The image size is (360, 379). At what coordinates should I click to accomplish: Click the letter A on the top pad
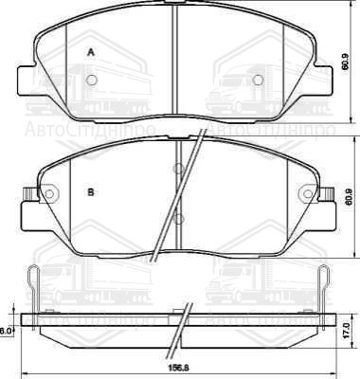coord(92,54)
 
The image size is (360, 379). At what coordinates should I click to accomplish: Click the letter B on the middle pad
coord(91,193)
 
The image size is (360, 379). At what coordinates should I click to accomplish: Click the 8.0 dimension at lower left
coord(7,331)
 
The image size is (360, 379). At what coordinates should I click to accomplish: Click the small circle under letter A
coord(91,80)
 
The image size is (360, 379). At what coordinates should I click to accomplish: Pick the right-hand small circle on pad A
coord(257,80)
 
